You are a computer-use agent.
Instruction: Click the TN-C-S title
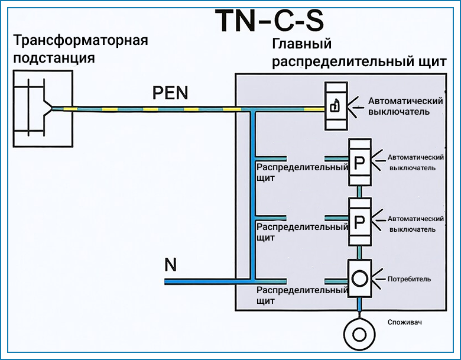270,21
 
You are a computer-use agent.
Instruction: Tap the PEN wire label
170,93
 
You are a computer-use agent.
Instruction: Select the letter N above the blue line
171,265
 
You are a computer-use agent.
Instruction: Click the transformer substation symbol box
43,109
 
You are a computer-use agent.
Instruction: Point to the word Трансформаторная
80,40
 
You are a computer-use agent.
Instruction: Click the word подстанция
54,58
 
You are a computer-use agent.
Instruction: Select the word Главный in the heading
301,44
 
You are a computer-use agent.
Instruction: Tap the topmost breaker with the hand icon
336,106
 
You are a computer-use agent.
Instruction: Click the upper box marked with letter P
360,162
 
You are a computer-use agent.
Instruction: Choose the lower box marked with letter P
360,222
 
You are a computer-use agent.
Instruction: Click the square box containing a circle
360,278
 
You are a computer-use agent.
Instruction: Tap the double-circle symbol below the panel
359,334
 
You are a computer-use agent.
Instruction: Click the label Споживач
404,322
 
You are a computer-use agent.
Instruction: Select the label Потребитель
409,279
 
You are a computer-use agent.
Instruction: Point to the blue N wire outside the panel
200,282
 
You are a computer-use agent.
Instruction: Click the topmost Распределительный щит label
302,173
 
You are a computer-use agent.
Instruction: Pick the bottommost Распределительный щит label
302,296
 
